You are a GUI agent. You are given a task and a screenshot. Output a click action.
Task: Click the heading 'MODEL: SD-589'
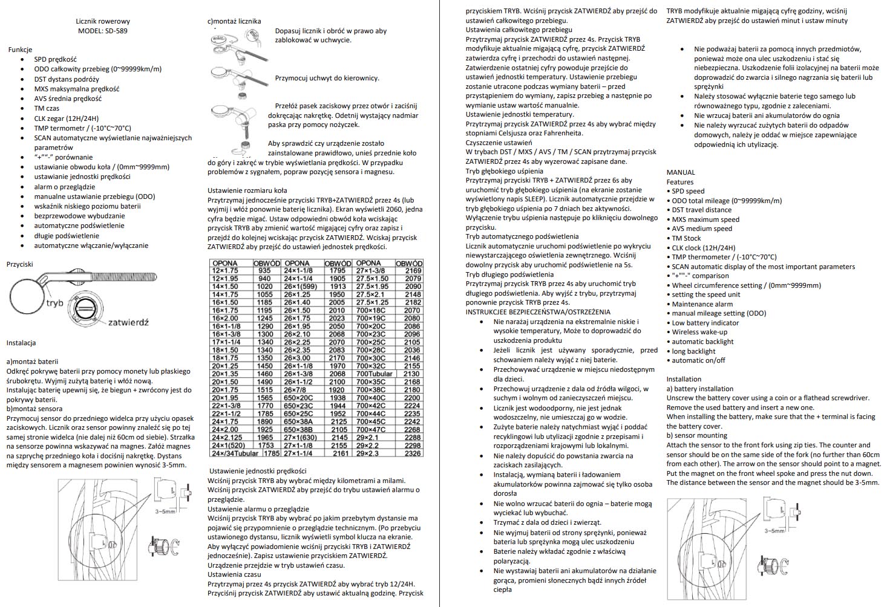(102, 31)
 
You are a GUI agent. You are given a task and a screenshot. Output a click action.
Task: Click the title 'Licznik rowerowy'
(103, 21)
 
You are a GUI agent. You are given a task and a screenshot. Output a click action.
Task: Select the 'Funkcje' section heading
(20, 50)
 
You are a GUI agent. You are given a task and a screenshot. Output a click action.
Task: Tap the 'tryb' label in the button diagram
(54, 302)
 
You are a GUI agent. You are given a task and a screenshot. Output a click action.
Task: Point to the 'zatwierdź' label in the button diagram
(128, 322)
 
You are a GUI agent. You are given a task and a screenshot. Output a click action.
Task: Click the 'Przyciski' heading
(20, 264)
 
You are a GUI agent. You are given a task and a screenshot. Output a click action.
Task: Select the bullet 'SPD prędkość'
(55, 59)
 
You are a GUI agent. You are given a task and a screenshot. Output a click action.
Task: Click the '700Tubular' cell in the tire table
(374, 374)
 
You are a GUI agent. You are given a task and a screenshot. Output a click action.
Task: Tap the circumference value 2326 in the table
(413, 453)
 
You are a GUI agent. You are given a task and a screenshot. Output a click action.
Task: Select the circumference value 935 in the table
(264, 271)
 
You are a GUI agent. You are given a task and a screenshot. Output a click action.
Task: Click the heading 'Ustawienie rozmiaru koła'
(247, 190)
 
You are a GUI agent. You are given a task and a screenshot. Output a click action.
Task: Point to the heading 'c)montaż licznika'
(234, 21)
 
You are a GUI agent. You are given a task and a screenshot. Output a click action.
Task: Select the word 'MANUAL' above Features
(681, 172)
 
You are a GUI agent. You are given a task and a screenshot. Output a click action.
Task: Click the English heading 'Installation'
(684, 379)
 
